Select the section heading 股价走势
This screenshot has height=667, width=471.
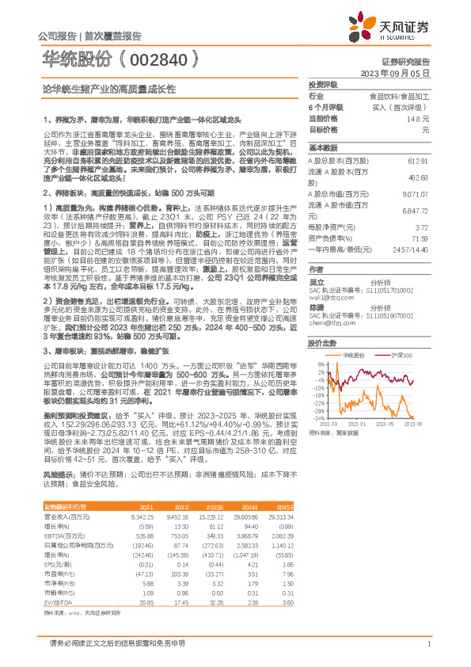pyautogui.click(x=322, y=343)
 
